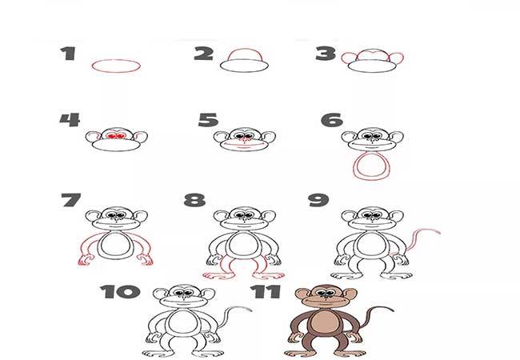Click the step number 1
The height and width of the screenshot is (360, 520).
[68, 54]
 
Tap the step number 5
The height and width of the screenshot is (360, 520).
[208, 120]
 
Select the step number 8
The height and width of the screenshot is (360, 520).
[194, 200]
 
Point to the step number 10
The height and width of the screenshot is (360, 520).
[120, 292]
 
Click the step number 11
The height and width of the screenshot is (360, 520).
[266, 292]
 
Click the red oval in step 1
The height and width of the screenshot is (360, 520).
[116, 66]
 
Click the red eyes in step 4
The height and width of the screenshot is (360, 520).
[116, 136]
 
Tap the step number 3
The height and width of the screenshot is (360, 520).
[326, 54]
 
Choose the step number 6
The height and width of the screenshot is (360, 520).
[332, 120]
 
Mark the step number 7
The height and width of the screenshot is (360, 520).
[71, 200]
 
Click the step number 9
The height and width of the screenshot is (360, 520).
[318, 200]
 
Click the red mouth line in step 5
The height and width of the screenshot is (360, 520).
[245, 146]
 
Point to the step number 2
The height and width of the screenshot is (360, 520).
[204, 54]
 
